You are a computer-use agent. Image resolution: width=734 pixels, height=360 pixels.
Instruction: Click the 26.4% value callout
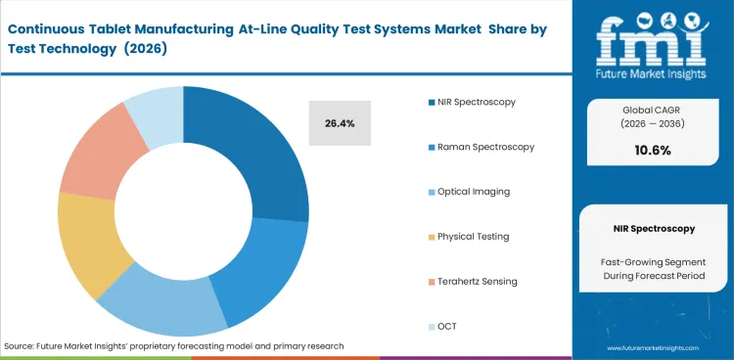[x=339, y=123]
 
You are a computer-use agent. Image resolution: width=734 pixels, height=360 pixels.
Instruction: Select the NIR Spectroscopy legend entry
[x=477, y=102]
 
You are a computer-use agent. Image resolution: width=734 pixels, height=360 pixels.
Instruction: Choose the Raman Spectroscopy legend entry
[x=486, y=147]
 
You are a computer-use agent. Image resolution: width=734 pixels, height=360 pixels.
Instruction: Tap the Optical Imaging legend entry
[x=474, y=192]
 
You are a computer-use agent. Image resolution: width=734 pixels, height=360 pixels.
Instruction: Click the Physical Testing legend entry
[x=474, y=236]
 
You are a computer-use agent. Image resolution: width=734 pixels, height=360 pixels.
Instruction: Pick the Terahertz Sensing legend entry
[x=478, y=281]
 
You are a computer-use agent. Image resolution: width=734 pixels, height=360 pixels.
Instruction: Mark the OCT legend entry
[x=447, y=326]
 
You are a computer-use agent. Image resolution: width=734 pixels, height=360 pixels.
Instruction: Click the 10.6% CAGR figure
[x=653, y=150]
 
